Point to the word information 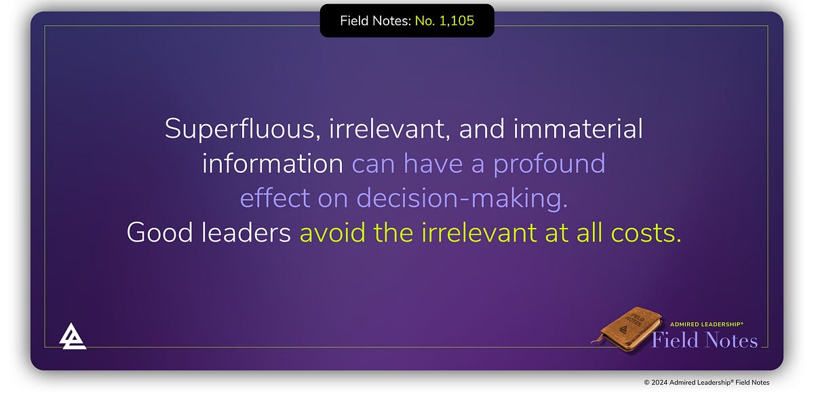[272, 163]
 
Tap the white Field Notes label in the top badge [374, 21]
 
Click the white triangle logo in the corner [73, 336]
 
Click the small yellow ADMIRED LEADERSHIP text [707, 324]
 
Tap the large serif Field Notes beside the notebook [705, 340]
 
